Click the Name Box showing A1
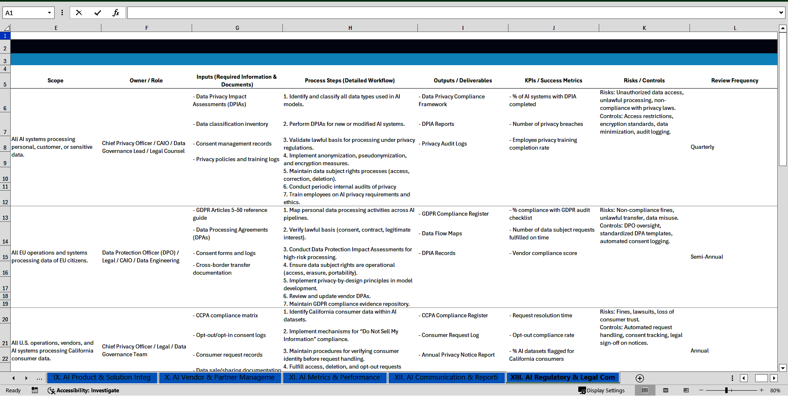pyautogui.click(x=25, y=13)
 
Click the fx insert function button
pyautogui.click(x=116, y=13)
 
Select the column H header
pyautogui.click(x=350, y=28)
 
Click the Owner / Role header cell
pyautogui.click(x=146, y=80)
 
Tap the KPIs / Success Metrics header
pyautogui.click(x=553, y=80)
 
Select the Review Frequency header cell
pyautogui.click(x=734, y=80)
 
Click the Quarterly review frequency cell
pyautogui.click(x=702, y=147)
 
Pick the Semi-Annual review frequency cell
pyautogui.click(x=706, y=257)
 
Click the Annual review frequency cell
pyautogui.click(x=699, y=350)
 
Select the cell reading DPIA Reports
pyautogui.click(x=438, y=124)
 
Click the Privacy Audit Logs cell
pyautogui.click(x=444, y=143)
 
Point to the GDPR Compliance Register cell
pyautogui.click(x=455, y=214)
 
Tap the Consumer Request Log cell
pyautogui.click(x=450, y=335)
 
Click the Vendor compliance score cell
pyautogui.click(x=545, y=253)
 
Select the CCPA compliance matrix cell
pyautogui.click(x=227, y=315)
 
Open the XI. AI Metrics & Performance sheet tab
pyautogui.click(x=334, y=377)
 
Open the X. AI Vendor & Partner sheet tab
pyautogui.click(x=220, y=377)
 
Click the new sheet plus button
pyautogui.click(x=639, y=378)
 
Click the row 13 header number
pyautogui.click(x=5, y=218)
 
